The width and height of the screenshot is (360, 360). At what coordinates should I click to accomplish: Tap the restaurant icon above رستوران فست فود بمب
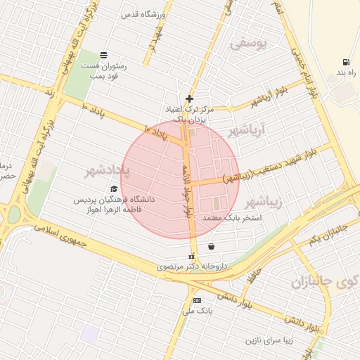[x=104, y=55]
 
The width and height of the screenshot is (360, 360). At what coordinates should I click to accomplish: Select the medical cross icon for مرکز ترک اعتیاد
[x=188, y=98]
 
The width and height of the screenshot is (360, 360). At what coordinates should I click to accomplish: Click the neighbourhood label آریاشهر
[x=247, y=131]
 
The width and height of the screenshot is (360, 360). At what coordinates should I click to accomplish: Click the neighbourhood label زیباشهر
[x=265, y=202]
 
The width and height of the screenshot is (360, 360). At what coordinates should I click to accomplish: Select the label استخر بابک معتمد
[x=231, y=219]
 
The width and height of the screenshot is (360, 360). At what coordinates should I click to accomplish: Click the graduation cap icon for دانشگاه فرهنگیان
[x=114, y=188]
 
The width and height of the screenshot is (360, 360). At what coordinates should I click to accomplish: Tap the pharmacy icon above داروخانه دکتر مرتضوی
[x=191, y=256]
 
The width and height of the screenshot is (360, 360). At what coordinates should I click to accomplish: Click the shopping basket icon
[x=212, y=246]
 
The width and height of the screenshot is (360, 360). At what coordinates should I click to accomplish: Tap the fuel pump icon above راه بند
[x=345, y=62]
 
